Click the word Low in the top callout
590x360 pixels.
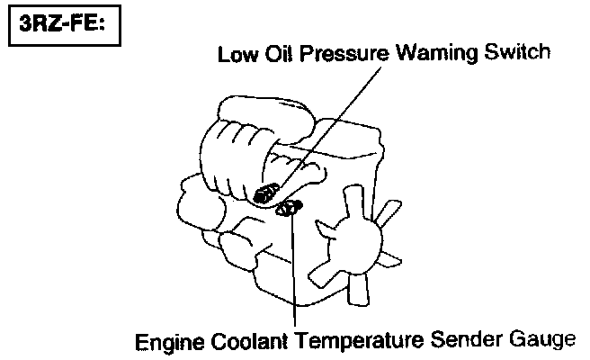click(x=236, y=54)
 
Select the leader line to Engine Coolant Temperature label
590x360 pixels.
click(x=293, y=270)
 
